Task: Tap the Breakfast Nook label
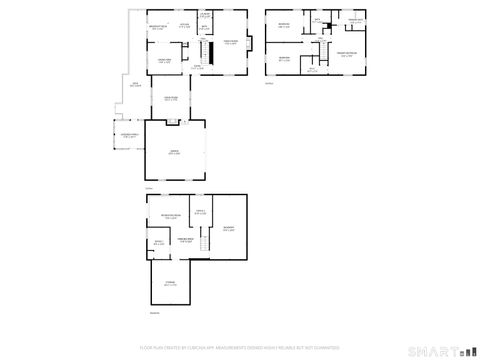click(158, 28)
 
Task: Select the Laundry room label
click(204, 15)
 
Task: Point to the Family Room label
click(231, 42)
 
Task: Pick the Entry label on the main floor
click(198, 66)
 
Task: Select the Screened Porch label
click(130, 135)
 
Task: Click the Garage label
click(174, 152)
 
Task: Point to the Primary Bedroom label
click(347, 55)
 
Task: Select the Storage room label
click(169, 284)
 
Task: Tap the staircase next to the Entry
click(209, 49)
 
